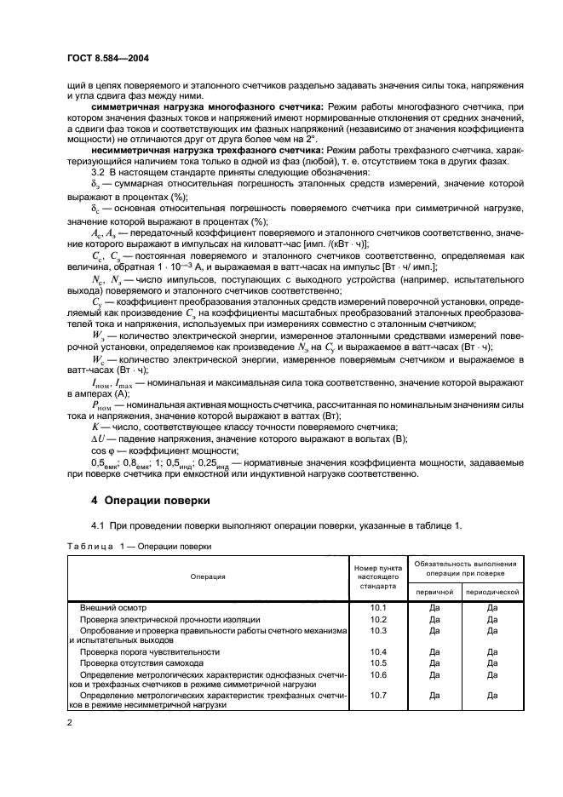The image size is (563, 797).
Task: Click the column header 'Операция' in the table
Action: pos(208,576)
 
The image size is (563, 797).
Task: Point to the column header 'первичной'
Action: pos(434,590)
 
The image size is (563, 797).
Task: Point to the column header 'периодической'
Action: pos(491,590)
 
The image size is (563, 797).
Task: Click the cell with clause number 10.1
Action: pos(379,608)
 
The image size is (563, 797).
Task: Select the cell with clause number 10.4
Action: pos(379,651)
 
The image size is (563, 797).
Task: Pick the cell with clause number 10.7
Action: pos(379,695)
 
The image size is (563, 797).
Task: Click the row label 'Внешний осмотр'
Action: pos(113,608)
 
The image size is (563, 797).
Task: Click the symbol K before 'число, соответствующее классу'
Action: pos(94,427)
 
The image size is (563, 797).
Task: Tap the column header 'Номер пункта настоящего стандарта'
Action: pos(379,576)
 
